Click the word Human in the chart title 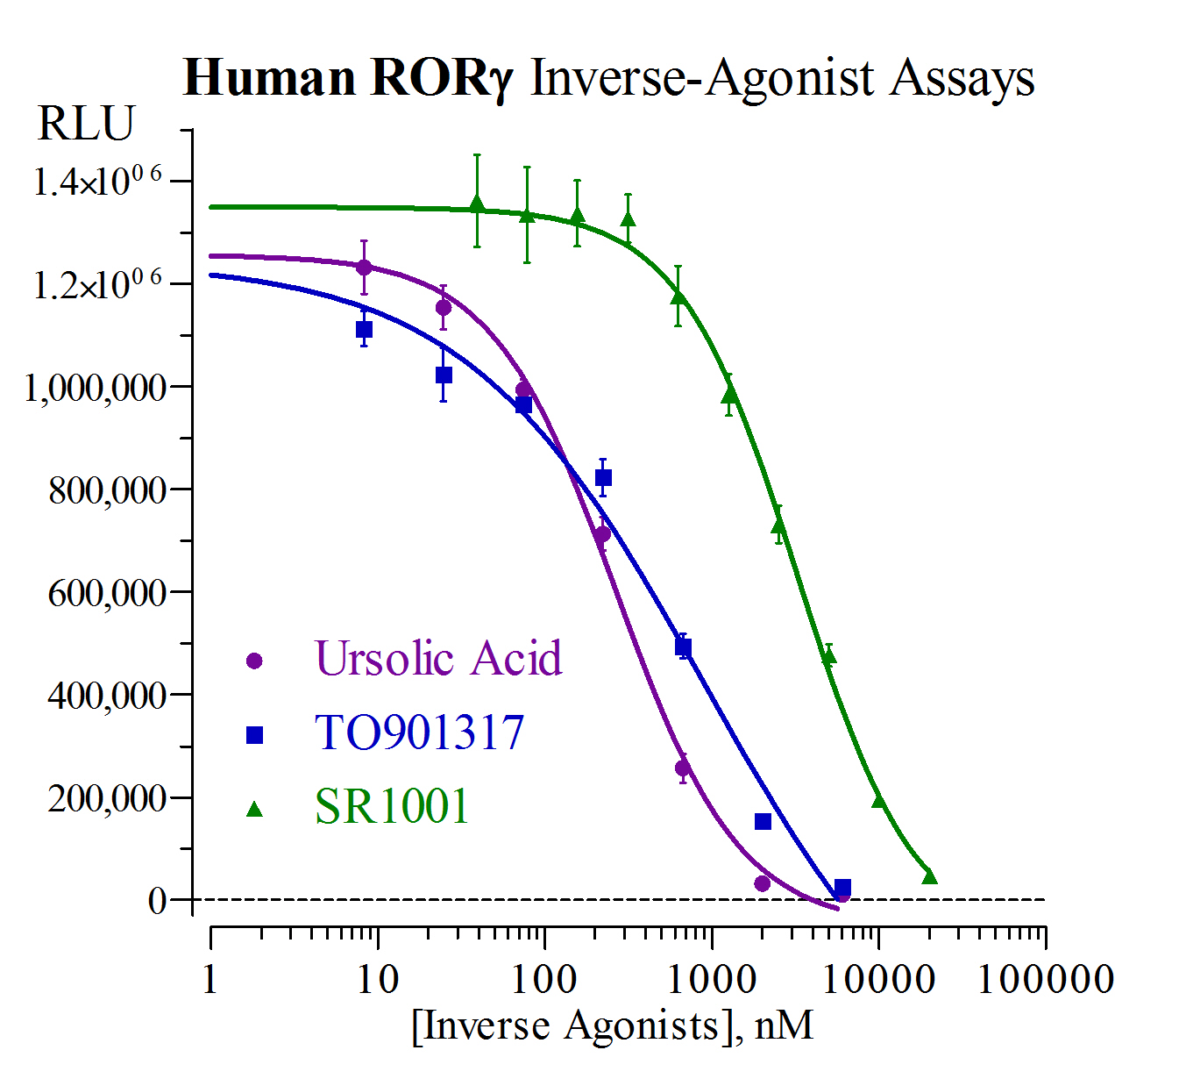point(269,78)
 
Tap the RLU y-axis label point(86,124)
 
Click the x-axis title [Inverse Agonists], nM point(612,1025)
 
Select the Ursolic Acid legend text point(438,659)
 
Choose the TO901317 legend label point(419,733)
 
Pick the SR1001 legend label point(392,807)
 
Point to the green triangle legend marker point(255,809)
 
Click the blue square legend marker point(255,735)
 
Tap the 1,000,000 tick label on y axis point(96,388)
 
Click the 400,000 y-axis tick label point(107,696)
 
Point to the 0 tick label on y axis point(158,901)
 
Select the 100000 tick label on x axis point(1046,979)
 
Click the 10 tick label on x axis point(378,979)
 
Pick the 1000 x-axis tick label point(711,979)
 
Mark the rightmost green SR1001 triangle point point(929,876)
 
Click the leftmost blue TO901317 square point point(365,330)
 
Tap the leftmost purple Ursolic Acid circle point(364,268)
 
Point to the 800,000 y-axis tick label point(107,490)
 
